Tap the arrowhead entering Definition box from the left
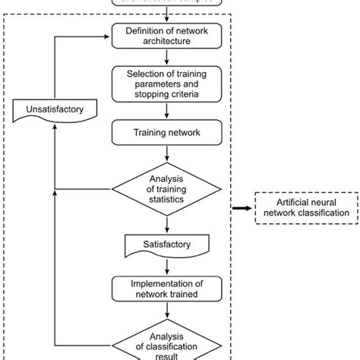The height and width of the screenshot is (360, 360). click(x=107, y=35)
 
